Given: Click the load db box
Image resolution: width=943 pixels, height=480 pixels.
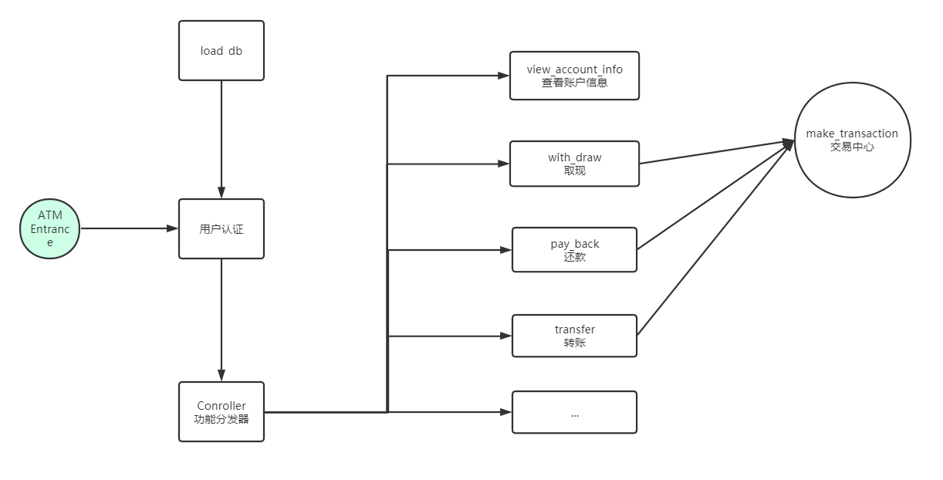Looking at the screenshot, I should click(221, 51).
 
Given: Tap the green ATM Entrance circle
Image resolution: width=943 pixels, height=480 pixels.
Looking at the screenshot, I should click(50, 228).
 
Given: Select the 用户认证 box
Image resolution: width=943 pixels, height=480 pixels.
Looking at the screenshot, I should click(221, 228).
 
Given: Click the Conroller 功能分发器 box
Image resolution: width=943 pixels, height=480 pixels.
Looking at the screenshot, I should click(221, 412).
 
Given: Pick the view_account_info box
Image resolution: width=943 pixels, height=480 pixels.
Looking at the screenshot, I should click(574, 76).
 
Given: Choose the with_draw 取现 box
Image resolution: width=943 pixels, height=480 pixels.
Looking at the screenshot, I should click(574, 164).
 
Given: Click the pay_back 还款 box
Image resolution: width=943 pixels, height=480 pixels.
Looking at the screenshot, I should click(574, 250).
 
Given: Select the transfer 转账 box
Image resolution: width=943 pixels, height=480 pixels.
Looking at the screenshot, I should click(574, 336).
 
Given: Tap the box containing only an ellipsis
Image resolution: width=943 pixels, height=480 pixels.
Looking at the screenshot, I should click(574, 412).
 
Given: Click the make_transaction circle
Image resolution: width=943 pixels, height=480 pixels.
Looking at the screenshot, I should click(852, 140).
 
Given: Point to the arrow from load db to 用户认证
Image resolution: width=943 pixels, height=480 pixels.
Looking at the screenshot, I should click(221, 139).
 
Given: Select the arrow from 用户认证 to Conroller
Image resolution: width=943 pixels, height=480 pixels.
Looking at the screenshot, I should click(221, 320).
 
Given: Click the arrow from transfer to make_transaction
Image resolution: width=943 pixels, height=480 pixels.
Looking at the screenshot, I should click(715, 239).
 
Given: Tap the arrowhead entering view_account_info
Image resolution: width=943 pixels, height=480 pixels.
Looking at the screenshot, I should click(504, 76).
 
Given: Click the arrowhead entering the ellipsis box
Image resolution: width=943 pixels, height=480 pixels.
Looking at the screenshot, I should click(505, 412).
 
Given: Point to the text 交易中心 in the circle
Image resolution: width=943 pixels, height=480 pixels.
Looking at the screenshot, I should click(852, 147).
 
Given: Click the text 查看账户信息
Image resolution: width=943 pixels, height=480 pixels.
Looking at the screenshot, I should click(574, 83).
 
